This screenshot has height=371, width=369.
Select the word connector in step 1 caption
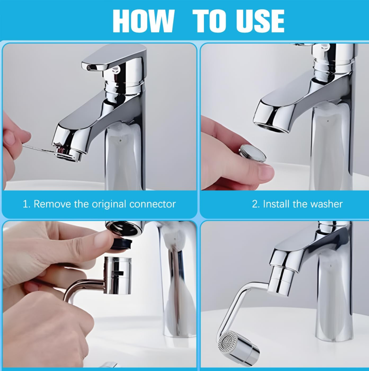tap(152, 204)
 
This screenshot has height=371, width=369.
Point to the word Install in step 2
tap(275, 204)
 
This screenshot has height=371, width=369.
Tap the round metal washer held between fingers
tap(252, 153)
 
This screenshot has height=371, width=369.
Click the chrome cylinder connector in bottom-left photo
tap(117, 275)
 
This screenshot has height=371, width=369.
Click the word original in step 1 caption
tap(109, 204)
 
